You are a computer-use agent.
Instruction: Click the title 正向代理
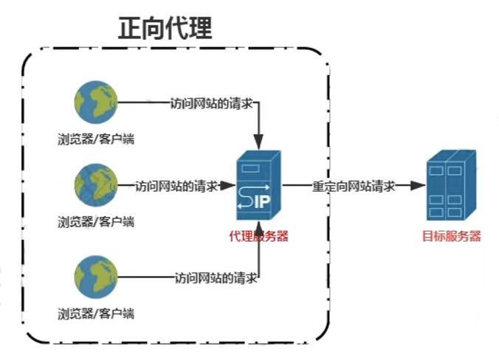tap(165, 29)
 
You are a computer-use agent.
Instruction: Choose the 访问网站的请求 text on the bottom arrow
tap(216, 278)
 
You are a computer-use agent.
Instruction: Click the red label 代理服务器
tap(258, 237)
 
